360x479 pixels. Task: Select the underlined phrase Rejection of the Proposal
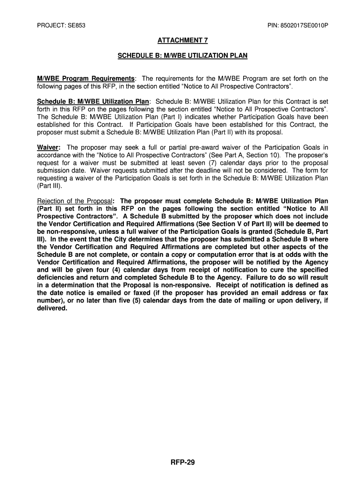(74, 202)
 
